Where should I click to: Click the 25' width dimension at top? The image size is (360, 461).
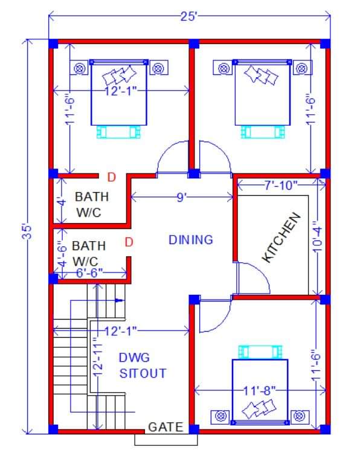pyautogui.click(x=188, y=16)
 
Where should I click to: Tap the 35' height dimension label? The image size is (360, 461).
pyautogui.click(x=28, y=232)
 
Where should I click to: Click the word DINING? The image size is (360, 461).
pyautogui.click(x=191, y=240)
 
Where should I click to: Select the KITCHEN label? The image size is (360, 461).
pyautogui.click(x=281, y=237)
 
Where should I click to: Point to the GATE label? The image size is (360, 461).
pyautogui.click(x=166, y=427)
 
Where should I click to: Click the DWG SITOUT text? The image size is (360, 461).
pyautogui.click(x=143, y=366)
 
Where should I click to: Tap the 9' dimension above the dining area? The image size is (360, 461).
pyautogui.click(x=182, y=198)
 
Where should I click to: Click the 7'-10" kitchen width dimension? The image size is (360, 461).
pyautogui.click(x=281, y=185)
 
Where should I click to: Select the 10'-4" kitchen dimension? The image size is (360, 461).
pyautogui.click(x=318, y=237)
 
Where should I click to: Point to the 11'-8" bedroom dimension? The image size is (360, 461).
pyautogui.click(x=260, y=391)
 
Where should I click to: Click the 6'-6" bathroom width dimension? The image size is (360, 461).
pyautogui.click(x=89, y=273)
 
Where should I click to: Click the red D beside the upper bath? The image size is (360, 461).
pyautogui.click(x=112, y=177)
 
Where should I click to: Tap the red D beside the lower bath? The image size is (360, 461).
pyautogui.click(x=129, y=242)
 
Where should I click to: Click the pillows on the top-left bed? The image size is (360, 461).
pyautogui.click(x=120, y=75)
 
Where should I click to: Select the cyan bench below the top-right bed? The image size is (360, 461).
pyautogui.click(x=263, y=132)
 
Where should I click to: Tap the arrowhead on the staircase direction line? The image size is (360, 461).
pyautogui.click(x=119, y=300)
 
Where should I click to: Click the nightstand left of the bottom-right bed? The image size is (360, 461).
pyautogui.click(x=220, y=417)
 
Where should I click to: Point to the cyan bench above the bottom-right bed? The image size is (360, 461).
pyautogui.click(x=260, y=352)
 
